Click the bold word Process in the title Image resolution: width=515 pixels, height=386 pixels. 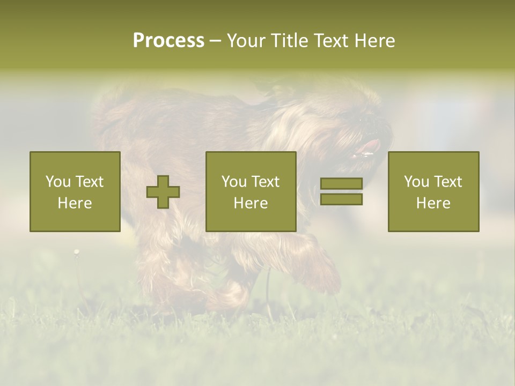pos(168,41)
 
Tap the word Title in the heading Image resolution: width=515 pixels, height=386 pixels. pos(290,41)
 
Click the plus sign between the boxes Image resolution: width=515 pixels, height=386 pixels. pos(163,192)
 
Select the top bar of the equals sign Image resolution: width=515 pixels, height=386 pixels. pos(341,184)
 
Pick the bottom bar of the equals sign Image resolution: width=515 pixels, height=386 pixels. pos(341,199)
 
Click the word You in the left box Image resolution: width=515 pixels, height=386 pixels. pos(57,182)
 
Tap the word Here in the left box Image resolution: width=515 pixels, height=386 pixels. pos(75,203)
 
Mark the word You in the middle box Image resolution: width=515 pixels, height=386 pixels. pos(234,182)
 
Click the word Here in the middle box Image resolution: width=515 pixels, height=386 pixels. pos(251,203)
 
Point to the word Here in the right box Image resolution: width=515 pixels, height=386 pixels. pos(433,203)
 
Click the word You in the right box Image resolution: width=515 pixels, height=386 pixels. pos(416,182)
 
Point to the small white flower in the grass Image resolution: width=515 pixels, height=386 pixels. pos(76,251)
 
